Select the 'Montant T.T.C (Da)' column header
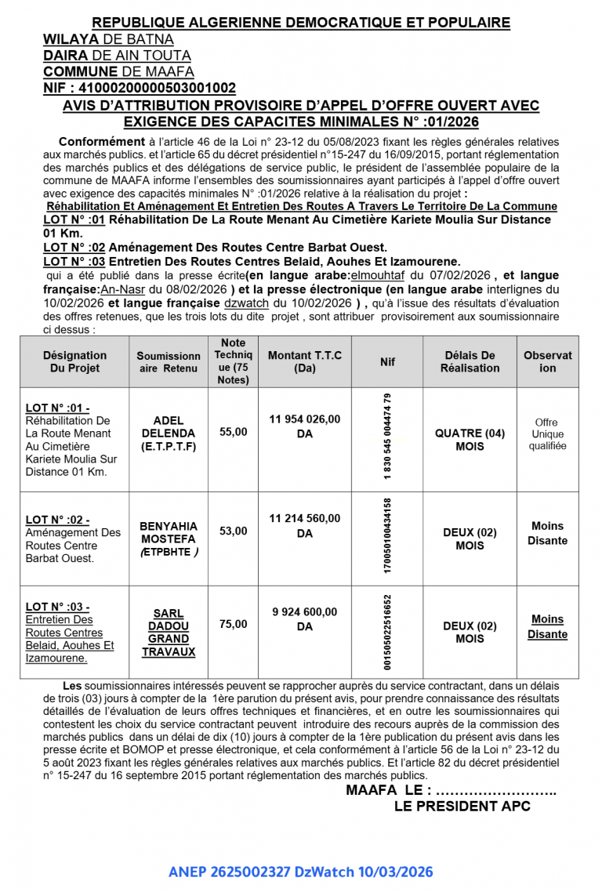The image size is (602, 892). point(305,361)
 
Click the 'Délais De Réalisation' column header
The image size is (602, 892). point(470,361)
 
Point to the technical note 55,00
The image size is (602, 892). point(233,432)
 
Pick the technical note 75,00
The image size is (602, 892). point(233,624)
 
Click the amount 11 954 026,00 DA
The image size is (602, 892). point(305,426)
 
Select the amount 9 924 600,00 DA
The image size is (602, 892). point(305,619)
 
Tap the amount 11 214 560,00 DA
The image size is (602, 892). point(305,525)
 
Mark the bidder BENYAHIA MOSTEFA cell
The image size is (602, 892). point(169,538)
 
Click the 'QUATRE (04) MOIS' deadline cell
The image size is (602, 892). point(470,440)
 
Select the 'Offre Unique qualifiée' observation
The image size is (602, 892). point(547,434)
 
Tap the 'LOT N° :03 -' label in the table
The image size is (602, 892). point(57,607)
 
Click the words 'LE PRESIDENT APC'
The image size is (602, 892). point(462,806)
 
